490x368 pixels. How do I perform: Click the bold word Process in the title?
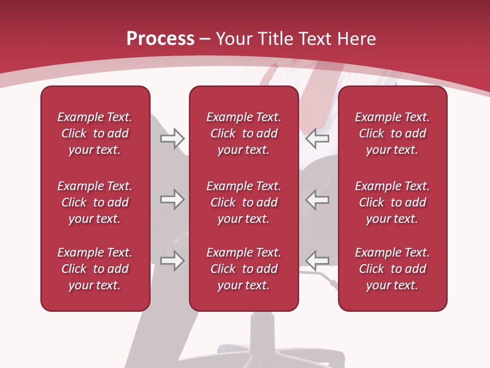pyautogui.click(x=160, y=39)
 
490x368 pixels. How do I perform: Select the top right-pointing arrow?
pyautogui.click(x=173, y=138)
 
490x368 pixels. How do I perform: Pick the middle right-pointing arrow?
pyautogui.click(x=173, y=199)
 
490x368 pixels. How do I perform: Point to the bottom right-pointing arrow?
pyautogui.click(x=173, y=261)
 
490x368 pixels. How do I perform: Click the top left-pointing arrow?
pyautogui.click(x=317, y=138)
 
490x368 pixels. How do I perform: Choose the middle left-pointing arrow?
pyautogui.click(x=317, y=199)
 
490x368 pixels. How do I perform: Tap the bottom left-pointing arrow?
pyautogui.click(x=317, y=261)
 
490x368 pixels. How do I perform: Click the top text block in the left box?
pyautogui.click(x=95, y=133)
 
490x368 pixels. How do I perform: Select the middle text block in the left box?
pyautogui.click(x=95, y=202)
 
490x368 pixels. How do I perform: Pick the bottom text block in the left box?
pyautogui.click(x=95, y=269)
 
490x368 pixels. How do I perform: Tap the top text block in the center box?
pyautogui.click(x=243, y=133)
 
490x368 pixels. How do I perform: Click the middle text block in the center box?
pyautogui.click(x=243, y=202)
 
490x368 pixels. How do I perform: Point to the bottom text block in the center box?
pyautogui.click(x=243, y=269)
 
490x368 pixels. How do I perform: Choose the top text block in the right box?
pyautogui.click(x=392, y=133)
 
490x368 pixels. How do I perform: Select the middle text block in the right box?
pyautogui.click(x=392, y=202)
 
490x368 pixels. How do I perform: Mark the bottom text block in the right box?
pyautogui.click(x=392, y=269)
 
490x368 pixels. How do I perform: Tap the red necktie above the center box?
pyautogui.click(x=311, y=95)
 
